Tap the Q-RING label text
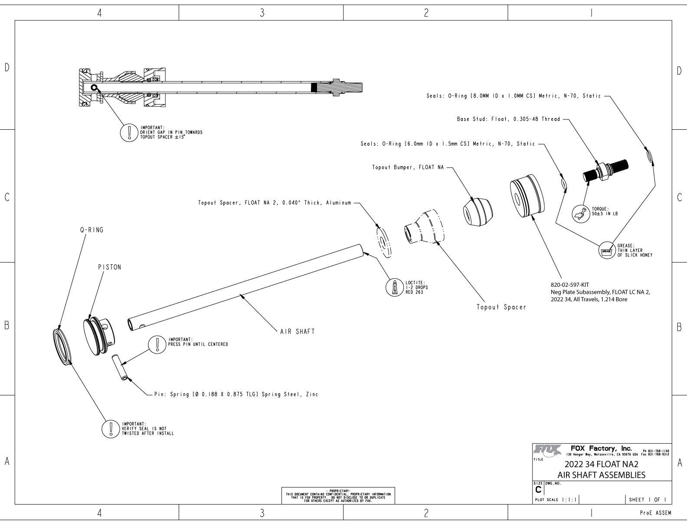pyautogui.click(x=92, y=230)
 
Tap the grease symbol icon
pyautogui.click(x=606, y=251)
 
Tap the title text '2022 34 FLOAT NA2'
pyautogui.click(x=601, y=464)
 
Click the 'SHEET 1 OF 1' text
pyautogui.click(x=648, y=499)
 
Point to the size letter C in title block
pyautogui.click(x=539, y=490)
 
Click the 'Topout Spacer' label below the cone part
pyautogui.click(x=501, y=307)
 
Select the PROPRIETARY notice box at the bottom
pyautogui.click(x=338, y=496)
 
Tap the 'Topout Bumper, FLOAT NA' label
pyautogui.click(x=408, y=167)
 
